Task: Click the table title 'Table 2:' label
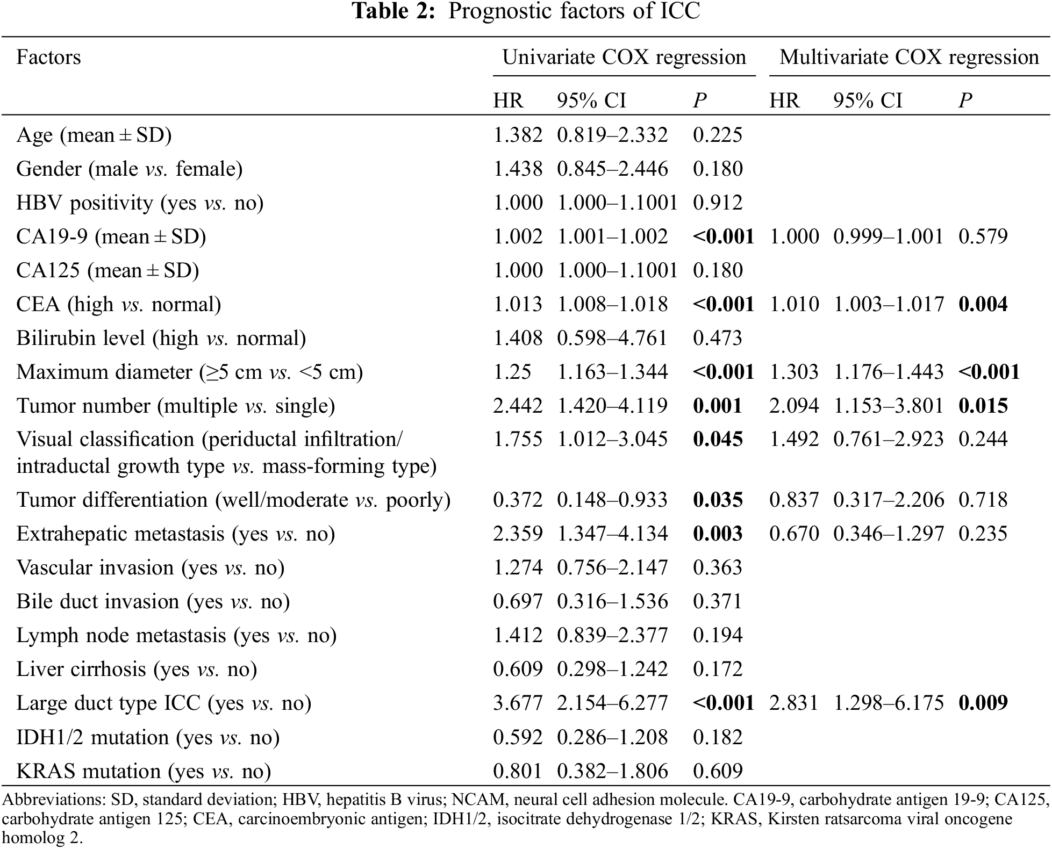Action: [393, 11]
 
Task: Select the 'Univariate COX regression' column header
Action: [624, 57]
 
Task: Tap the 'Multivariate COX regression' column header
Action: [909, 57]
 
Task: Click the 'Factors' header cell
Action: [48, 57]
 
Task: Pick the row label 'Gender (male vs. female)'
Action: [129, 169]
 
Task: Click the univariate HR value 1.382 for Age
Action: [518, 135]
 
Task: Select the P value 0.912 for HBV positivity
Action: [718, 203]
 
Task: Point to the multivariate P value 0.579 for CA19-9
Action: [983, 236]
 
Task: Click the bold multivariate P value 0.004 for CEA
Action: [983, 304]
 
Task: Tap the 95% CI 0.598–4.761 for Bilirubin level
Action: [612, 338]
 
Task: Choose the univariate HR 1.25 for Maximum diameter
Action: [512, 372]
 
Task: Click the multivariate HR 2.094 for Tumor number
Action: [794, 406]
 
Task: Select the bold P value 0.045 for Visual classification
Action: [718, 439]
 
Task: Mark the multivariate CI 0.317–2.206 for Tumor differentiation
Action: [889, 500]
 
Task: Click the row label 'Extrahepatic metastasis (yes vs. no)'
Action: [175, 534]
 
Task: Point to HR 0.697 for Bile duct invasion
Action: [518, 601]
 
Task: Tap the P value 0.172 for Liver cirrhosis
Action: [718, 669]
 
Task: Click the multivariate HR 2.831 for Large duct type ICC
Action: [794, 703]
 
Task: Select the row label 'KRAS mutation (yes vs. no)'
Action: [144, 771]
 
